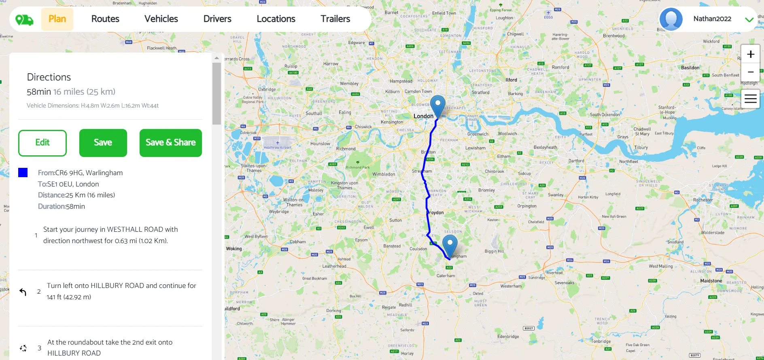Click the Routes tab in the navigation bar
pyautogui.click(x=105, y=19)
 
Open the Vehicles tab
pyautogui.click(x=161, y=19)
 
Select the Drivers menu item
pyautogui.click(x=217, y=19)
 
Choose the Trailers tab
pyautogui.click(x=335, y=19)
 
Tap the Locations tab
pyautogui.click(x=276, y=19)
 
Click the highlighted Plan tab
pyautogui.click(x=57, y=19)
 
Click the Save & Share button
pyautogui.click(x=170, y=143)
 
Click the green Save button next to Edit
pyautogui.click(x=103, y=143)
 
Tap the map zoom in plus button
pyautogui.click(x=751, y=54)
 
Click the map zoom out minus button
pyautogui.click(x=751, y=72)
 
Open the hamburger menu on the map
pyautogui.click(x=751, y=99)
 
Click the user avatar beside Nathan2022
pyautogui.click(x=671, y=19)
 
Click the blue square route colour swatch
pyautogui.click(x=23, y=173)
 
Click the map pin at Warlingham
pyautogui.click(x=450, y=245)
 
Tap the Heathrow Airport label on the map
pyautogui.click(x=278, y=147)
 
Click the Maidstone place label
pyautogui.click(x=711, y=281)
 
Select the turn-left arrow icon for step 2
pyautogui.click(x=23, y=292)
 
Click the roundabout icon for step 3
pyautogui.click(x=23, y=348)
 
